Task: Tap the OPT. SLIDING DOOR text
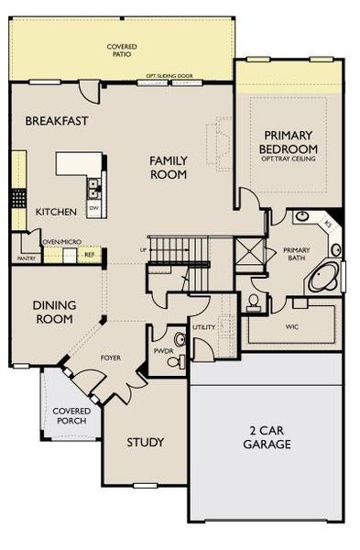(169, 78)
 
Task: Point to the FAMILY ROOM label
(169, 166)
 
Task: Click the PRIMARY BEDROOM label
(289, 141)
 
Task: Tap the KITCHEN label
(56, 212)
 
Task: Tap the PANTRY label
(25, 259)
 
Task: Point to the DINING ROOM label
(54, 313)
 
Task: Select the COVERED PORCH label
(70, 415)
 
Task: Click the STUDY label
(144, 442)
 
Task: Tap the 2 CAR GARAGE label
(267, 437)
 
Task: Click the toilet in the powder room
(180, 341)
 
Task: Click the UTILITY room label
(203, 327)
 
